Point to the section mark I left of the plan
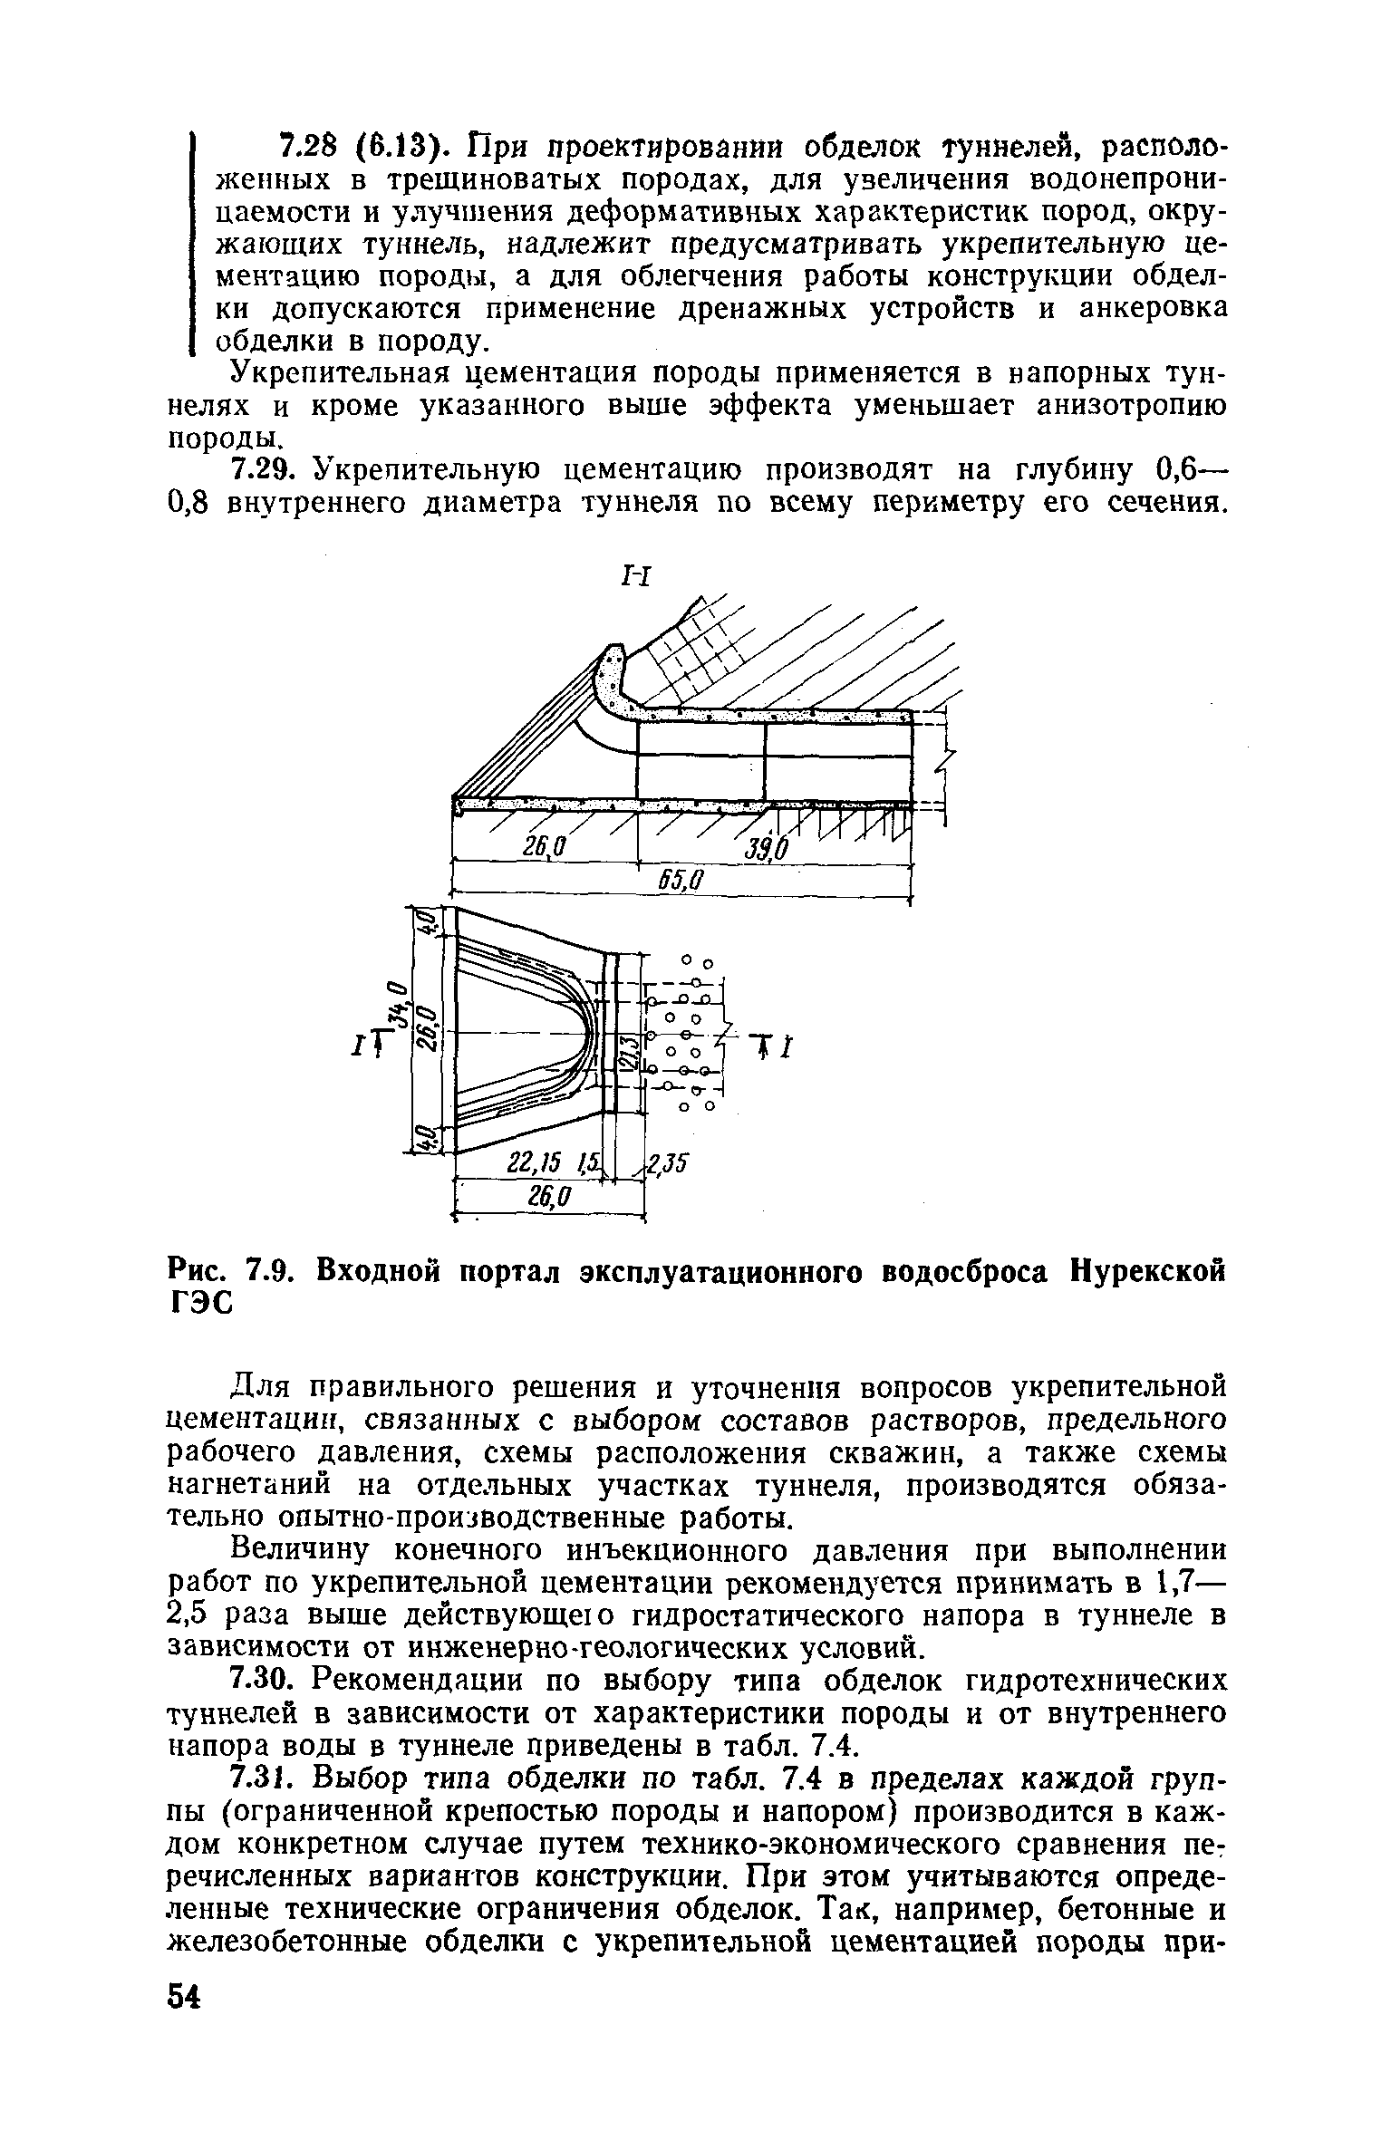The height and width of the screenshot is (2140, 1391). (358, 1048)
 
